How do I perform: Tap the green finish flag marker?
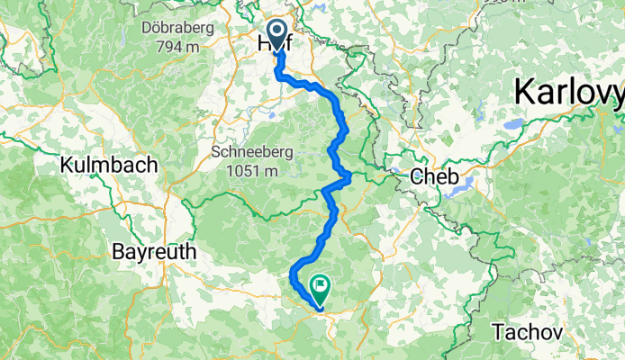[x=320, y=287]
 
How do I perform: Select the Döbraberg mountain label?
[x=177, y=28]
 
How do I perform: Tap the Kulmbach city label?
[x=108, y=165]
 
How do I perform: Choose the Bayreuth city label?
[x=154, y=252]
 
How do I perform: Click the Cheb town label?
[x=435, y=176]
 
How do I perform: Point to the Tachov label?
[x=528, y=332]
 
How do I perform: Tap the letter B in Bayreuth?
[x=118, y=252]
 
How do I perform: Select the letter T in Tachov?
[x=497, y=332]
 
